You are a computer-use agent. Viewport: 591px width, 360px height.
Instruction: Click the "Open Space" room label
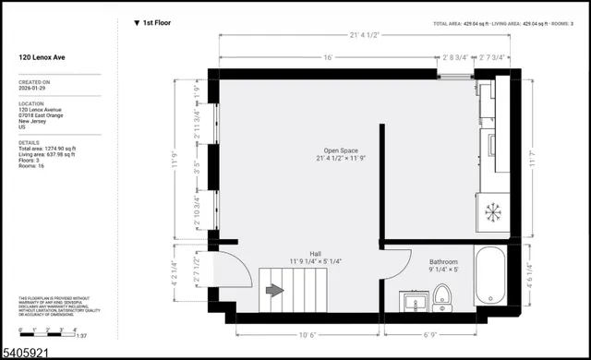pyautogui.click(x=341, y=150)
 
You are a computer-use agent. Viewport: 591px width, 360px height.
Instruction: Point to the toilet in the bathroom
pyautogui.click(x=440, y=296)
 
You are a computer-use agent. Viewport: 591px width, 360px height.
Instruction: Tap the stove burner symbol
pyautogui.click(x=492, y=212)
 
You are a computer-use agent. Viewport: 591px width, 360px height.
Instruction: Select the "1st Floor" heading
pyautogui.click(x=156, y=22)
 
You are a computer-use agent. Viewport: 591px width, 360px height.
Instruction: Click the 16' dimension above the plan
pyautogui.click(x=328, y=57)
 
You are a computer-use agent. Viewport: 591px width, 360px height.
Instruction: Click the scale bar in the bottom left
pyautogui.click(x=37, y=330)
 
